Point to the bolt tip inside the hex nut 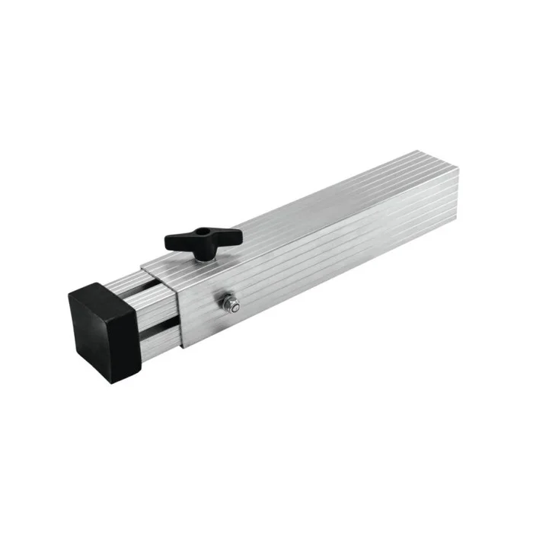232,305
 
